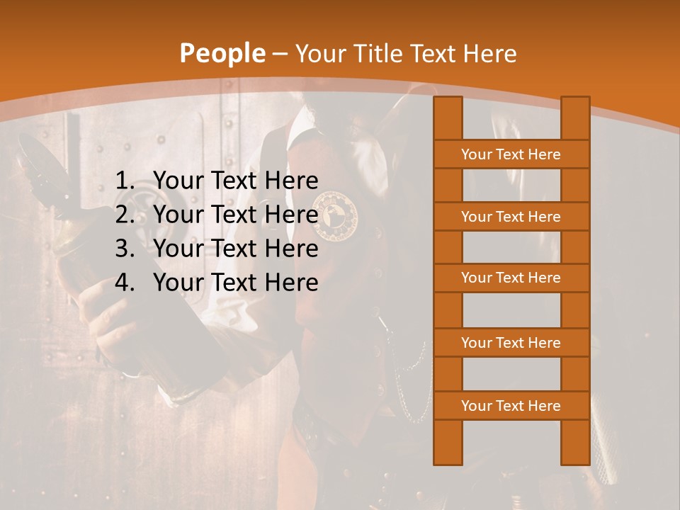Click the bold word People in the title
[x=222, y=54]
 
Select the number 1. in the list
[x=125, y=181]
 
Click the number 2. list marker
[x=125, y=215]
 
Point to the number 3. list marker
[x=125, y=249]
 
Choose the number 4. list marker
[x=125, y=283]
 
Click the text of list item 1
[x=236, y=181]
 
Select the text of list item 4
[x=236, y=283]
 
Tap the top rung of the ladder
[x=511, y=154]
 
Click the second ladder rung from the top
[x=511, y=217]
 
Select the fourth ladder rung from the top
[x=511, y=343]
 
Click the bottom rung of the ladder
[x=511, y=406]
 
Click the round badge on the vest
[x=336, y=215]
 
